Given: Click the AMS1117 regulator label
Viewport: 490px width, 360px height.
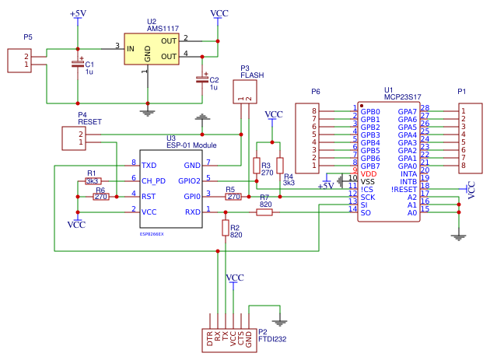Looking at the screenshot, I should pos(163,29).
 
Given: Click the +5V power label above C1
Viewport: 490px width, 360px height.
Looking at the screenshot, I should pos(79,14).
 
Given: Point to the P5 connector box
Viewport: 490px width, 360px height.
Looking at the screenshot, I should pos(19,61).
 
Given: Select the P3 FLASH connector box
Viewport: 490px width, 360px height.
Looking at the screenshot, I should pos(245,92).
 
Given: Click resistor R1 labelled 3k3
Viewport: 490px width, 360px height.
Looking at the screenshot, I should pos(93,180).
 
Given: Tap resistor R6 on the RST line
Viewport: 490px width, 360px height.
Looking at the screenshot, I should pos(101,197).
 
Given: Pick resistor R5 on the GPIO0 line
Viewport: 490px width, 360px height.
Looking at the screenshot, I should pos(233,197).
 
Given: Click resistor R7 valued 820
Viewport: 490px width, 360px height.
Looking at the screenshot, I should pos(265,211).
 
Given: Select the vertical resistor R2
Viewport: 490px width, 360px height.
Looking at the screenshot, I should pos(226,227).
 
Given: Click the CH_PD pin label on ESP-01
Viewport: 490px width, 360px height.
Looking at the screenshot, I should pos(154,180).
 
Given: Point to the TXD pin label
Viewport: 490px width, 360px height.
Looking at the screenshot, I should pos(149,165).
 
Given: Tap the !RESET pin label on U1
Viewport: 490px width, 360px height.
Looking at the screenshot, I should pos(404,188).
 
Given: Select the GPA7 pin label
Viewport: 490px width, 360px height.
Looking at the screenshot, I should pos(407,111).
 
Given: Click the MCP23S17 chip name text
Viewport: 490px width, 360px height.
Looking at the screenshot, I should pos(402,97).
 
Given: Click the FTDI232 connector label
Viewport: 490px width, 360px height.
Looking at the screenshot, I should pos(273,338).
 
